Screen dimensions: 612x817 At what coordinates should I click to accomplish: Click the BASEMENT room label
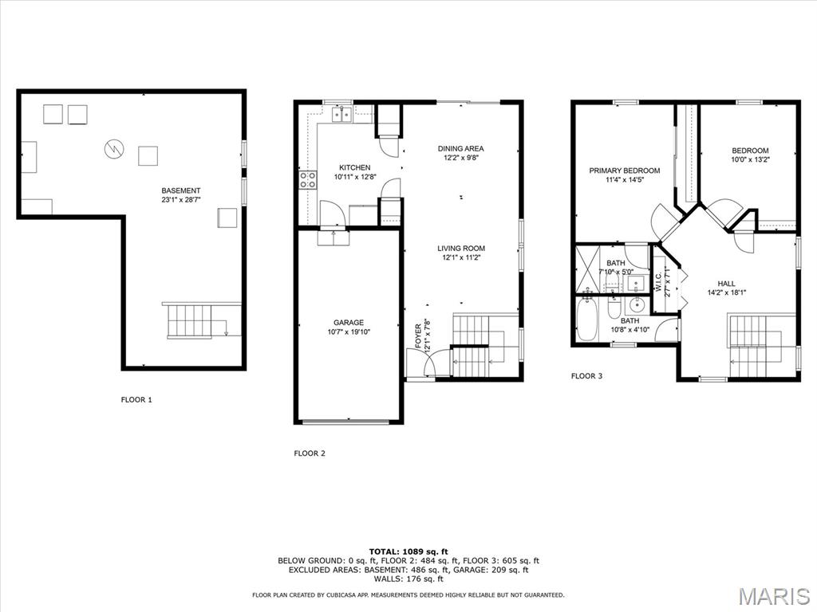[x=180, y=190]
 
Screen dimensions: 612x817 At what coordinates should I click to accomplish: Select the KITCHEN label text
[x=354, y=167]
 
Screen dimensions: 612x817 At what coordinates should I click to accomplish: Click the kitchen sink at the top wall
[x=343, y=116]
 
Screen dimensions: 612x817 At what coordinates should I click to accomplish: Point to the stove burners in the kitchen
[x=307, y=180]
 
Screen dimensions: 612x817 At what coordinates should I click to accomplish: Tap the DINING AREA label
[x=460, y=148]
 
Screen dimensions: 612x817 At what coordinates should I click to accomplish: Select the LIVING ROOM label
[x=460, y=248]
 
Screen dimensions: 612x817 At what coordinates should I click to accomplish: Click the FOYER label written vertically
[x=417, y=337]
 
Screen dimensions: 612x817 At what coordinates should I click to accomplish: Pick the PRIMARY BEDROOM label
[x=624, y=171]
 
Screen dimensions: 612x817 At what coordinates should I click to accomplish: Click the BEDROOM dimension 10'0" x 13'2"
[x=750, y=159]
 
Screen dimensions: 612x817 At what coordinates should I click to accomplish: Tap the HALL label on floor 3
[x=726, y=283]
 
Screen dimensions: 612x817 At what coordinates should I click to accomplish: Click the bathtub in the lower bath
[x=586, y=319]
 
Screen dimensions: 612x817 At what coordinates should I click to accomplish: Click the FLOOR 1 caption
[x=136, y=400]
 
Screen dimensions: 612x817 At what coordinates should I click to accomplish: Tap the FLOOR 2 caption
[x=310, y=453]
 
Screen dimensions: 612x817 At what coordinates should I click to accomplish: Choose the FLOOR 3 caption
[x=586, y=376]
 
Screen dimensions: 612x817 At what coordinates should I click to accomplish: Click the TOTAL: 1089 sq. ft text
[x=408, y=551]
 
